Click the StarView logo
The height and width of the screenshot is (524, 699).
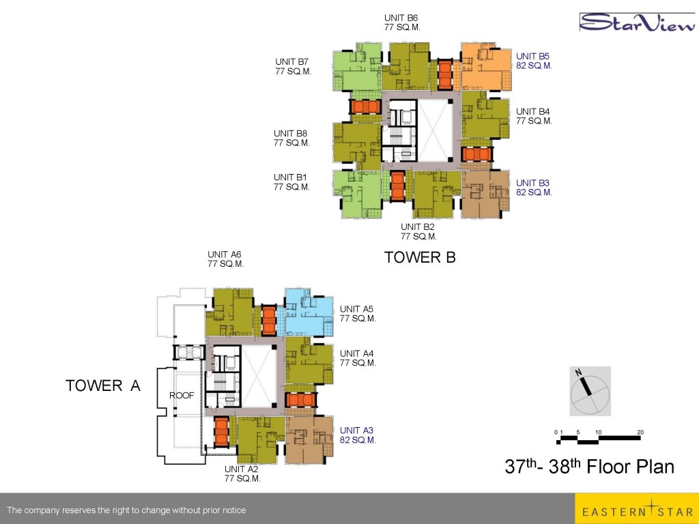(x=637, y=22)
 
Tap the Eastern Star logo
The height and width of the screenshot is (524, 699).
(x=637, y=508)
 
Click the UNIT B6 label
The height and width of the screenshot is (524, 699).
(x=401, y=18)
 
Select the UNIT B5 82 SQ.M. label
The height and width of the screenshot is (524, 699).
(x=534, y=61)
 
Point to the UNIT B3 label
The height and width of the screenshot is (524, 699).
(x=532, y=183)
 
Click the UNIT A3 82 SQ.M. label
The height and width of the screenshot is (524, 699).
(x=358, y=435)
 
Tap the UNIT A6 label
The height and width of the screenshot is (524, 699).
(x=224, y=254)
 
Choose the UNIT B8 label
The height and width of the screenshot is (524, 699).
(x=290, y=133)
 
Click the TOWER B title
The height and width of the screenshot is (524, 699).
(x=420, y=257)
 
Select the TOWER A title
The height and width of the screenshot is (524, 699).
(x=103, y=385)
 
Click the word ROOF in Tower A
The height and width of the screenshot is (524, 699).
(x=182, y=395)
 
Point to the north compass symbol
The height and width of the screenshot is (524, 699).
(x=590, y=391)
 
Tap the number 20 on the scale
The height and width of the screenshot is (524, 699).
(x=640, y=432)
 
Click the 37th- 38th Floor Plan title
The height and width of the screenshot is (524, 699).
(x=589, y=466)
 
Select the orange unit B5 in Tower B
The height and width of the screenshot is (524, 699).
(x=485, y=67)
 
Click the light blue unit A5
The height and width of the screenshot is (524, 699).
(x=309, y=312)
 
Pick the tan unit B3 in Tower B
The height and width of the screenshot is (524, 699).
(x=485, y=194)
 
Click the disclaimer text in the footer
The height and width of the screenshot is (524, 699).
(x=126, y=510)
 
